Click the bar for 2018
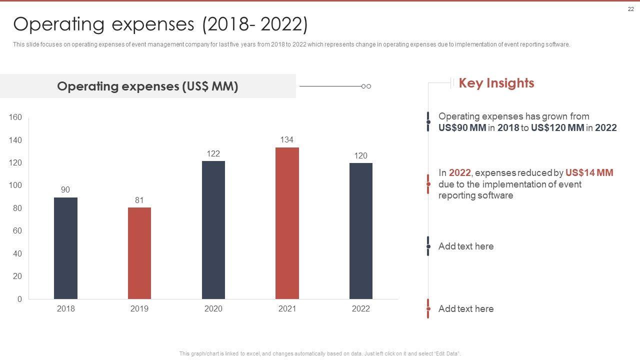click(65, 248)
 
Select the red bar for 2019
click(139, 253)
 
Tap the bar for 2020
click(213, 230)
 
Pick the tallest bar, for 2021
click(287, 223)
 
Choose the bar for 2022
click(361, 231)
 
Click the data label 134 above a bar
click(286, 140)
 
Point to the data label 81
click(139, 200)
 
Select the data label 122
click(213, 154)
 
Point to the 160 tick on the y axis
click(15, 117)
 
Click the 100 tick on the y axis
click(15, 185)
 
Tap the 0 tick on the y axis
click(19, 299)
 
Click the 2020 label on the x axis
click(213, 309)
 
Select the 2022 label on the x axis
click(361, 309)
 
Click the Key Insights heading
click(496, 83)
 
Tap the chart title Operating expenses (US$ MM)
click(147, 86)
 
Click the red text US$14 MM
click(589, 173)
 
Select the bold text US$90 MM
click(462, 128)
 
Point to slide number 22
click(630, 8)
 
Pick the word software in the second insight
click(495, 195)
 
